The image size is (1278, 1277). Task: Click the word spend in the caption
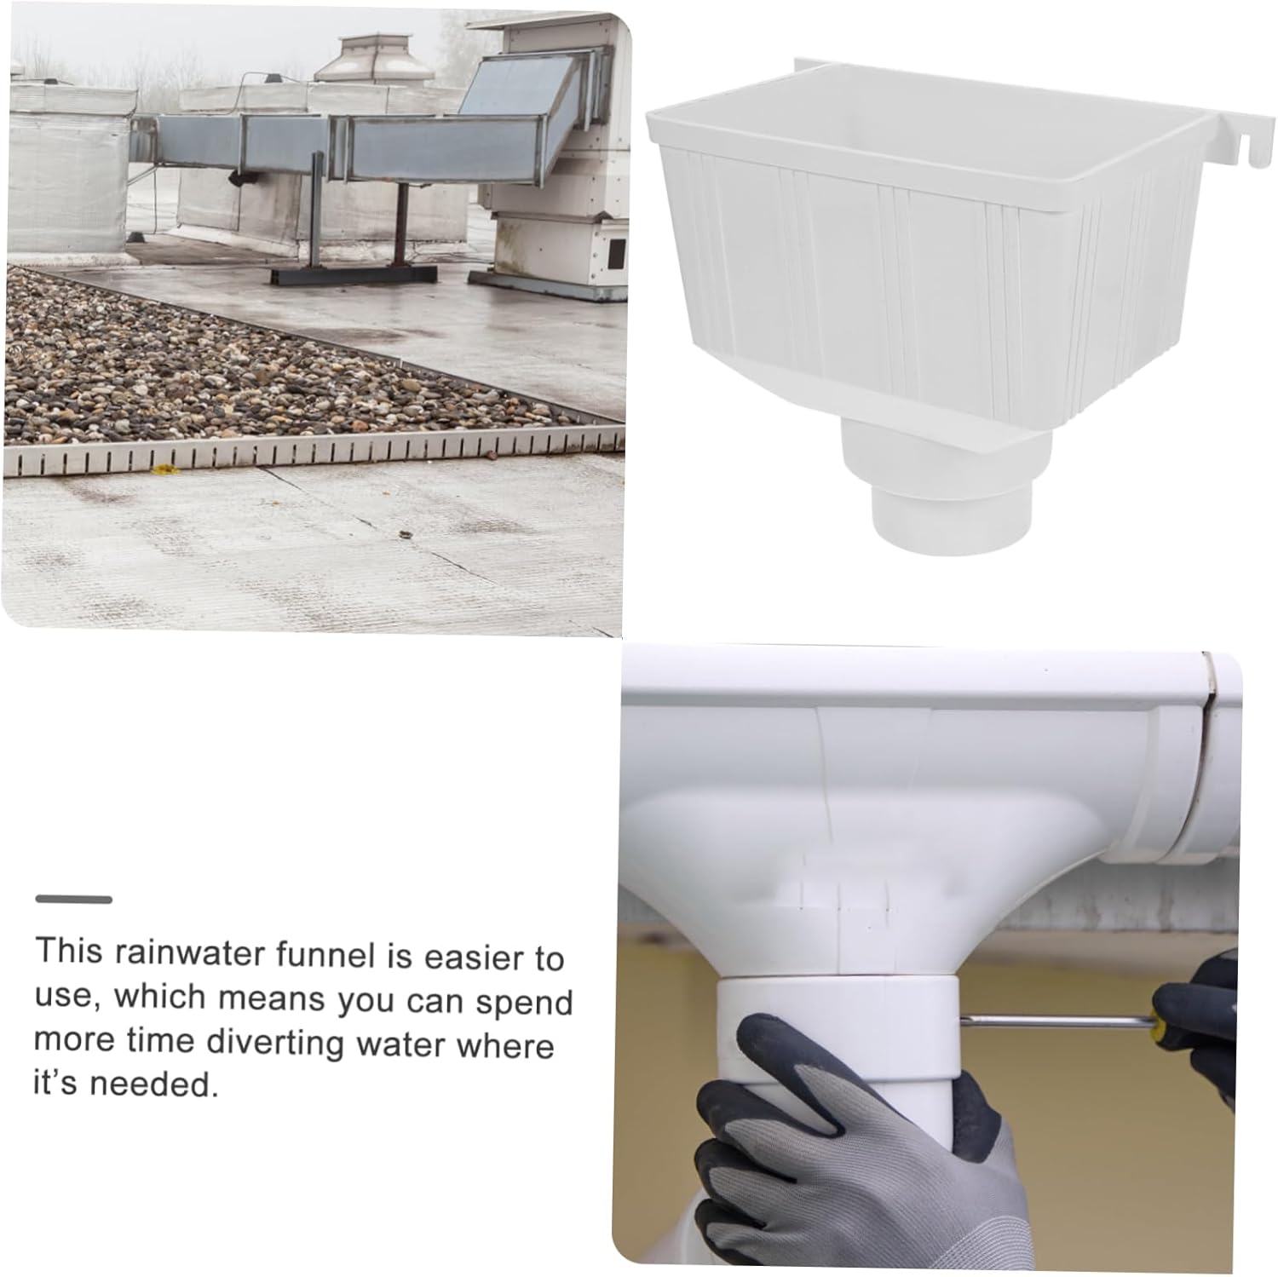tap(524, 1003)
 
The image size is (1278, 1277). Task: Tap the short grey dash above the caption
tap(74, 900)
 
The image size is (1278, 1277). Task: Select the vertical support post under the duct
tap(317, 213)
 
